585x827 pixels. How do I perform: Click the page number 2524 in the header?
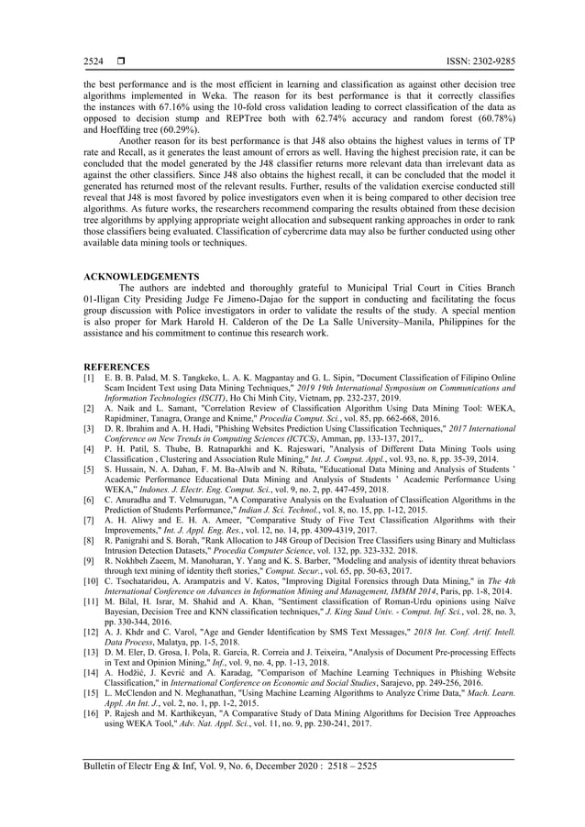click(93, 61)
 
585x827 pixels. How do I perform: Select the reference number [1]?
click(89, 377)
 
